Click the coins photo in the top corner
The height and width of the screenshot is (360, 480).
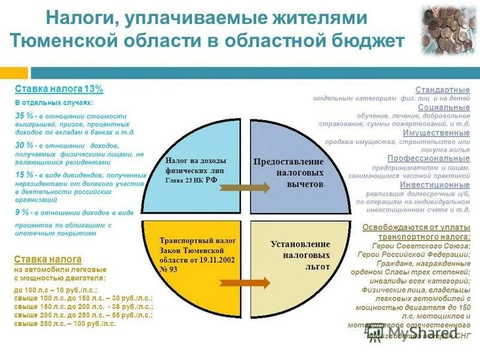448,30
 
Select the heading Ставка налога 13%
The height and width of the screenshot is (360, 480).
59,89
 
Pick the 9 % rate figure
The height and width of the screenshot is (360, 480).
22,212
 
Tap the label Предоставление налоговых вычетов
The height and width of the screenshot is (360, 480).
288,173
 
